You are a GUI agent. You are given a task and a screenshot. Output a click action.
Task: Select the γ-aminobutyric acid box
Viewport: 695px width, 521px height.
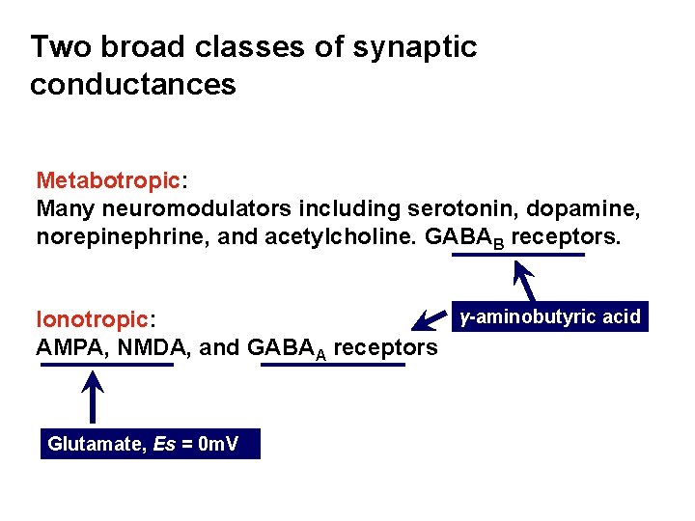[550, 316]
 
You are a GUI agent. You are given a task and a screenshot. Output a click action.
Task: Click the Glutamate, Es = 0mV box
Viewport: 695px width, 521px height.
[151, 444]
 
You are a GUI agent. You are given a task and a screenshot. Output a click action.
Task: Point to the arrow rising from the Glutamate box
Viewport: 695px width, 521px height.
[93, 398]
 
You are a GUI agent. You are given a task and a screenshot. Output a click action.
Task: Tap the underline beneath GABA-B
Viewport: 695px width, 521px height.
[519, 255]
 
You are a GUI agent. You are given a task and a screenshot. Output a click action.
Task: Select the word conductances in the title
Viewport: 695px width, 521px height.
[133, 84]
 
